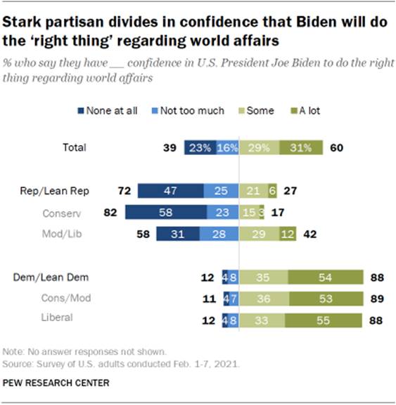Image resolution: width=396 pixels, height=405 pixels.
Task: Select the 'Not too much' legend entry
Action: [x=192, y=111]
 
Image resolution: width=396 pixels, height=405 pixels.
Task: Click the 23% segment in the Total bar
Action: [x=200, y=148]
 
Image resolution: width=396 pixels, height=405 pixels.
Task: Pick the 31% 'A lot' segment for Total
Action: [x=301, y=148]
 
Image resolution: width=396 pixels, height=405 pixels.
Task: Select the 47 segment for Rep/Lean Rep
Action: [x=170, y=191]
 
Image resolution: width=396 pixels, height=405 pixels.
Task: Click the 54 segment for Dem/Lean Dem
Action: [x=326, y=277]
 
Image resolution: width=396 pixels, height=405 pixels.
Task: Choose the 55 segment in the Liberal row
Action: [x=325, y=319]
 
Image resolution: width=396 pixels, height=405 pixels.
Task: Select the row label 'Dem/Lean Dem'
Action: [x=46, y=277]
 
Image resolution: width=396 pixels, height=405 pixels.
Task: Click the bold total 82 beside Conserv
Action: [x=112, y=212]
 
